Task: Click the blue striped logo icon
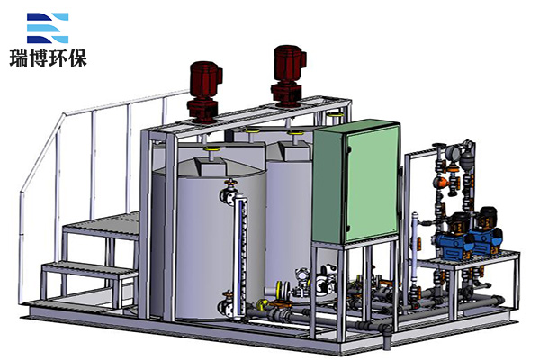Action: (x=48, y=28)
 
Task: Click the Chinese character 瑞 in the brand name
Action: (x=19, y=58)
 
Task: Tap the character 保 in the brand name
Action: (x=77, y=58)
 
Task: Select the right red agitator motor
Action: (x=289, y=76)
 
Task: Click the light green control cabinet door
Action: (x=373, y=183)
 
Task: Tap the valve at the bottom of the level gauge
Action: (x=228, y=305)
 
